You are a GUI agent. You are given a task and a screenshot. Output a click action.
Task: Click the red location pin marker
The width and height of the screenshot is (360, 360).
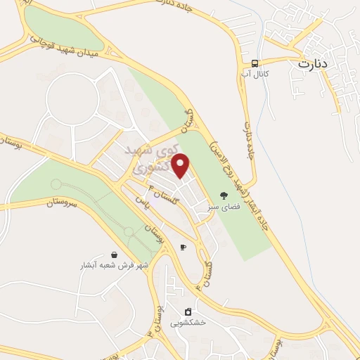[x=181, y=166]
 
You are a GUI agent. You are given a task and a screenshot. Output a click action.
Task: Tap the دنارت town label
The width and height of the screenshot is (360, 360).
[x=314, y=63]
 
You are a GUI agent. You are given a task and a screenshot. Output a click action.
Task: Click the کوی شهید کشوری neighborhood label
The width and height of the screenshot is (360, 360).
[x=150, y=159]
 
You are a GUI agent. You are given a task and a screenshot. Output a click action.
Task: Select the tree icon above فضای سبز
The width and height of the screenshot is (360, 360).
[x=224, y=196]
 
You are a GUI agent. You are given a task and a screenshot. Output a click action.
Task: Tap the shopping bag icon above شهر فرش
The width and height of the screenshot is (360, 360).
[x=114, y=255]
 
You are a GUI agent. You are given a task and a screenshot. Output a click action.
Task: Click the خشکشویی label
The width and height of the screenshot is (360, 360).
[x=188, y=323]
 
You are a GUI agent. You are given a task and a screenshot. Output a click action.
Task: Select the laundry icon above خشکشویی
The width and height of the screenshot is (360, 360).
[x=188, y=311]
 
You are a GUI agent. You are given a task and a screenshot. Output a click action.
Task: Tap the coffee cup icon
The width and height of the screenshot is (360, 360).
[x=184, y=247]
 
